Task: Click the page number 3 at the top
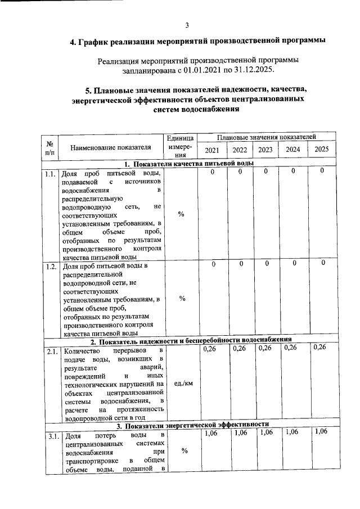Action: coord(187,25)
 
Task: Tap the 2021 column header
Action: coord(212,150)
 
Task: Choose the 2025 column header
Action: coord(321,150)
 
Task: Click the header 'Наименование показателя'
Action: coord(111,148)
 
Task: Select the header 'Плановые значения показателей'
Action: coord(266,137)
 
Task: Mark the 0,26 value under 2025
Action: coord(321,347)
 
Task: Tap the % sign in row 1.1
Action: coord(181,213)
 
